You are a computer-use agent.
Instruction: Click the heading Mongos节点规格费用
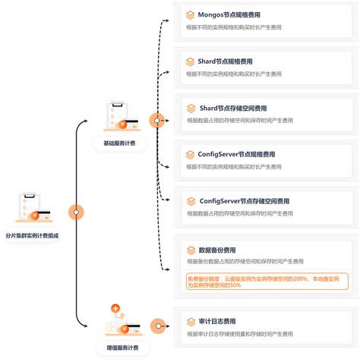click(x=229, y=14)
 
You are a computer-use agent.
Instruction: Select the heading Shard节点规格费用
click(x=225, y=61)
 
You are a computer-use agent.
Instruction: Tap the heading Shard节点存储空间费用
click(x=232, y=108)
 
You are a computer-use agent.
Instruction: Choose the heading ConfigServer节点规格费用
click(x=236, y=154)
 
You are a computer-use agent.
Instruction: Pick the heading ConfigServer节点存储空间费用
click(x=244, y=201)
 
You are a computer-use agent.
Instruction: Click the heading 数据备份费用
click(x=216, y=250)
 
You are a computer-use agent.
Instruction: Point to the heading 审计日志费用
click(x=216, y=321)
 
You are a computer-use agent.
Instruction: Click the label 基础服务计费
click(x=119, y=143)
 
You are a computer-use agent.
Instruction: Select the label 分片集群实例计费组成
click(x=32, y=236)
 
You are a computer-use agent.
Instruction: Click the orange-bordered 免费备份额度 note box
click(x=267, y=281)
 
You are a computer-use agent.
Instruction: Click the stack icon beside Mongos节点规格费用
click(x=191, y=14)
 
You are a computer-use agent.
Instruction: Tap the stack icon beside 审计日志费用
click(x=191, y=321)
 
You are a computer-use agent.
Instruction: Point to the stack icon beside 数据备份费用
click(x=191, y=250)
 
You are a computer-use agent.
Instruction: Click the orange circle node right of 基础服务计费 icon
click(x=157, y=120)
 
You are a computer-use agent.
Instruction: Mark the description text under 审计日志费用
click(x=244, y=333)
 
